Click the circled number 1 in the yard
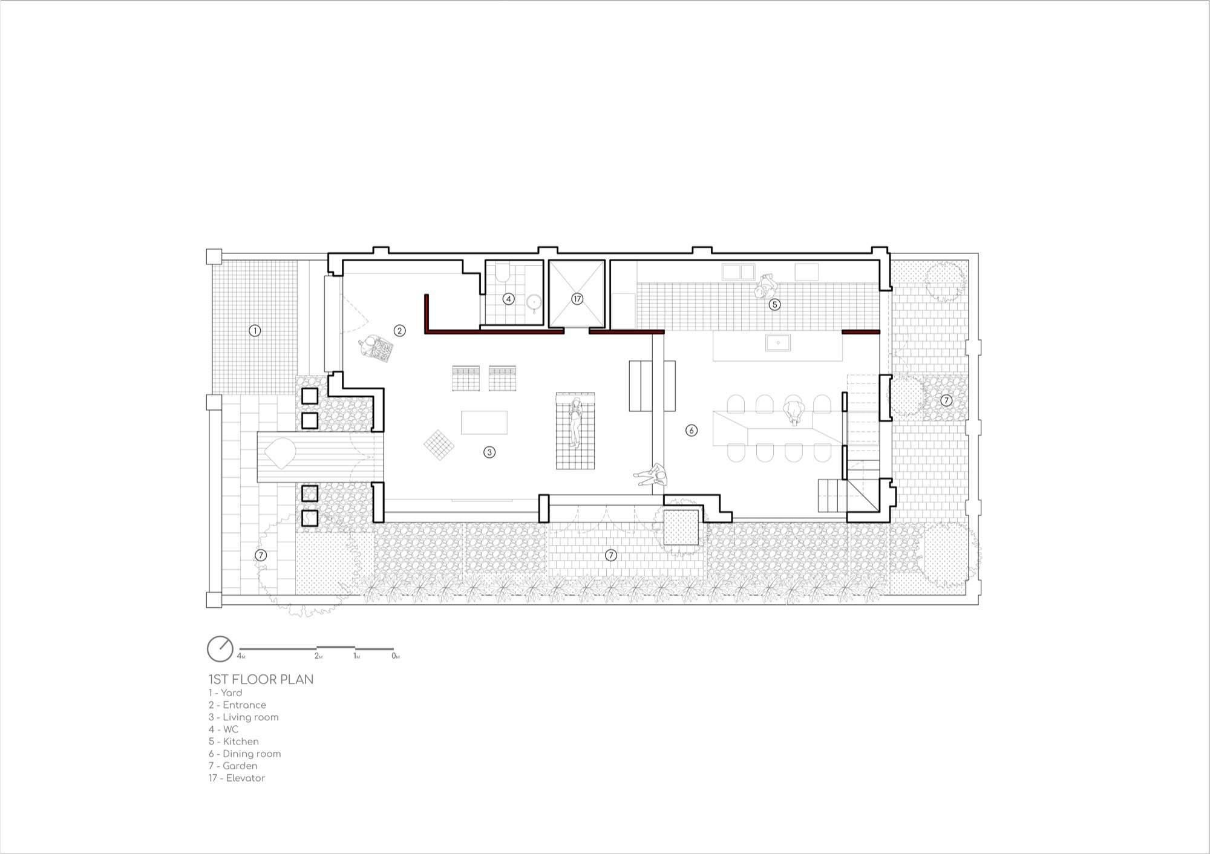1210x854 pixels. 255,331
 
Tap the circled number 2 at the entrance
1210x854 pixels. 399,331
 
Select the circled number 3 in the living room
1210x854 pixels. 489,452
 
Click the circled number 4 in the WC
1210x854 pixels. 509,299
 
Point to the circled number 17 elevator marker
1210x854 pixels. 577,299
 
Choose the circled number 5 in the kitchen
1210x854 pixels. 775,305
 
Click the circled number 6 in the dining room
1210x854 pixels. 692,431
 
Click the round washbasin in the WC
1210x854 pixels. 534,302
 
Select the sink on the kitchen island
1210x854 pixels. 778,343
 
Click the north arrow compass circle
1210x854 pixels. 220,649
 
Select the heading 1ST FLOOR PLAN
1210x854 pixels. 261,679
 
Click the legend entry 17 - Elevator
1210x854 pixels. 237,778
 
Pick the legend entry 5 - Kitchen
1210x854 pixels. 234,742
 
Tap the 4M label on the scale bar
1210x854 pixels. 241,656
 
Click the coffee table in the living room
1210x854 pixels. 484,422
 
